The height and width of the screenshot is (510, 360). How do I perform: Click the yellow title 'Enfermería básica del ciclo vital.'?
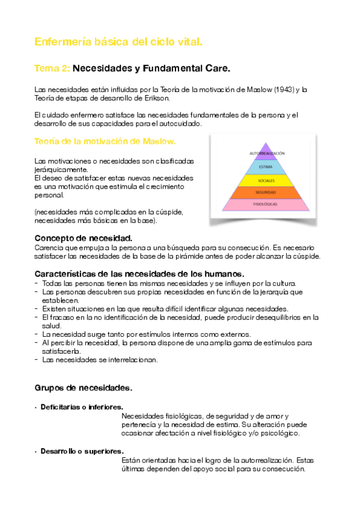(118, 42)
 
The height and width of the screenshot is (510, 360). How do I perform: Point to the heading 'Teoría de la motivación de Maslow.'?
(105, 141)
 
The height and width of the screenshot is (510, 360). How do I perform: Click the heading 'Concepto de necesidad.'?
(84, 238)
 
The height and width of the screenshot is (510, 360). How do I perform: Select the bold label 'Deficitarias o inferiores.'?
(82, 407)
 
